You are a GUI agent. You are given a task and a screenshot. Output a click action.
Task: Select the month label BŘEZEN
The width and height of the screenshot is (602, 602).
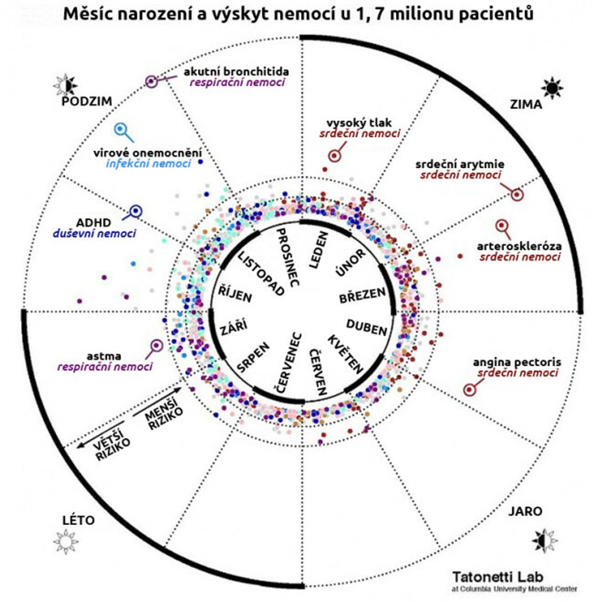pos(362,295)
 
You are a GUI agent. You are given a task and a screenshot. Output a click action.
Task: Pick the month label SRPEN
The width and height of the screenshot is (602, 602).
pos(253,357)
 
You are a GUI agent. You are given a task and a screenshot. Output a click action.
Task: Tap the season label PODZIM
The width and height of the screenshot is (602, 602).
pos(86,102)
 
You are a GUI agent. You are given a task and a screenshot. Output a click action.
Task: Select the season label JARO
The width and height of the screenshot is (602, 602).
pos(526,511)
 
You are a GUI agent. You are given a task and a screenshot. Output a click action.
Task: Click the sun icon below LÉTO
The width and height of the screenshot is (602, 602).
pos(66,541)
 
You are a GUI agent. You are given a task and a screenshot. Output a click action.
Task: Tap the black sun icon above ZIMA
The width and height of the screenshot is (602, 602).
pos(552,88)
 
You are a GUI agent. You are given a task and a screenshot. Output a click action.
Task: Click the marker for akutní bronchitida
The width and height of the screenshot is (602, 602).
pos(152,82)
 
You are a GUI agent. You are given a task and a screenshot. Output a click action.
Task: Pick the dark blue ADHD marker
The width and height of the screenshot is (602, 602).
pos(136,210)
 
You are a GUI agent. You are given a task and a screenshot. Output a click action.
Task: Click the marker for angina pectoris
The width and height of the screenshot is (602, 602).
pos(469,389)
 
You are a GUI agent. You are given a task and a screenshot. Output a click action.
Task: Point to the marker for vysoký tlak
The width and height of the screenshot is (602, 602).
pos(335,156)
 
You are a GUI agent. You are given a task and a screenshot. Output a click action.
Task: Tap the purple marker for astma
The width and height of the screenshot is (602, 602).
pos(156,346)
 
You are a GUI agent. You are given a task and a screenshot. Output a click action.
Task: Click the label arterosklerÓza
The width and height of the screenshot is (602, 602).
pos(520,246)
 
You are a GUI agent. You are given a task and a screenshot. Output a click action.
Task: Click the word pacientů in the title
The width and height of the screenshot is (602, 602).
pos(493,14)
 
